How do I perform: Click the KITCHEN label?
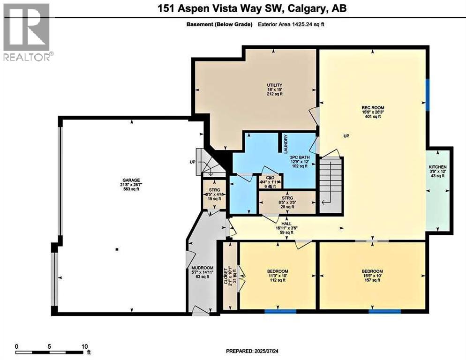[x=437, y=167]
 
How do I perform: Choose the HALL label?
[x=281, y=224]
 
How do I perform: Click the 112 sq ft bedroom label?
[x=278, y=271]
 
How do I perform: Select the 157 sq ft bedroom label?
[x=372, y=271]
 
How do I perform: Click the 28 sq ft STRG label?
[x=281, y=198]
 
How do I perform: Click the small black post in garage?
[x=117, y=249]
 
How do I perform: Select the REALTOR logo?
[x=26, y=31]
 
